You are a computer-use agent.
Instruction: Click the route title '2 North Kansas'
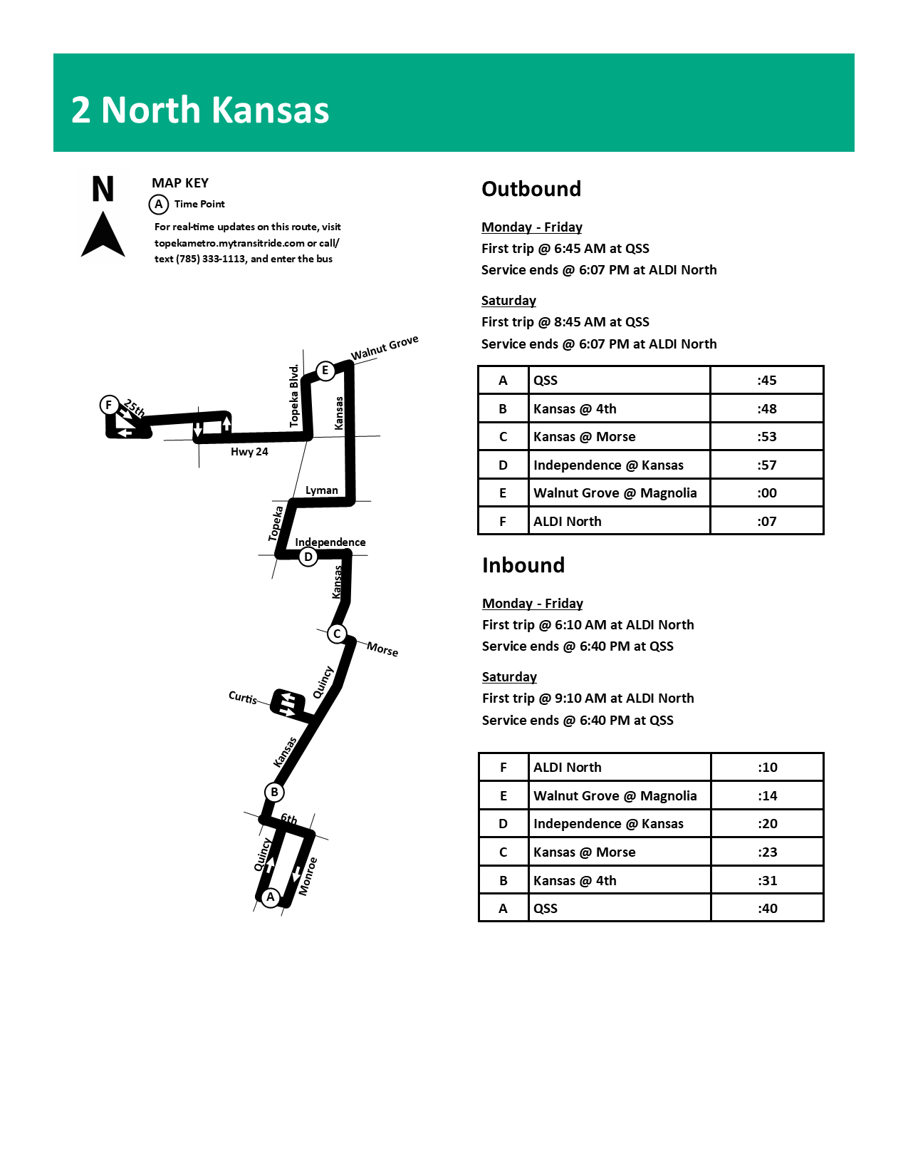(x=200, y=110)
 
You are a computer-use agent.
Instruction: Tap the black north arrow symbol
(x=103, y=234)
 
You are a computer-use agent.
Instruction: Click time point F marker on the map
(x=108, y=405)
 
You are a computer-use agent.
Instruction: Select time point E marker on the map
(x=325, y=370)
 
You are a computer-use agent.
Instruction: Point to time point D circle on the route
(x=308, y=557)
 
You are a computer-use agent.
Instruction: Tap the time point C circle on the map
(x=337, y=634)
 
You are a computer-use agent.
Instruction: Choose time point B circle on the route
(x=274, y=792)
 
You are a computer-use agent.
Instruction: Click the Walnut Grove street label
(x=385, y=348)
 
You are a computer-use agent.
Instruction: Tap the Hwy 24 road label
(x=249, y=452)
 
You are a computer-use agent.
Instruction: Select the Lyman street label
(x=322, y=490)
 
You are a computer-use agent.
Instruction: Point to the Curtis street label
(x=243, y=697)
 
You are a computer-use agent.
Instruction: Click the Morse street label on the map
(x=382, y=649)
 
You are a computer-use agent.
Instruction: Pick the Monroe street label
(x=308, y=877)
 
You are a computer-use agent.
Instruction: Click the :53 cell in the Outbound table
(x=766, y=437)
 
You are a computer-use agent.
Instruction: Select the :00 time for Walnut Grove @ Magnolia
(x=766, y=493)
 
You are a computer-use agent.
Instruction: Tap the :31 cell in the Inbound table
(x=767, y=881)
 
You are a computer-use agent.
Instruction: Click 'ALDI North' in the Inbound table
(x=568, y=768)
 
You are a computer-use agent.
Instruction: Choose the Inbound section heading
(x=523, y=565)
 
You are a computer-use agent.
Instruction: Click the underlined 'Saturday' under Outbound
(x=508, y=301)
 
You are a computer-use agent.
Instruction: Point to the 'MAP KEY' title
(x=180, y=183)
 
